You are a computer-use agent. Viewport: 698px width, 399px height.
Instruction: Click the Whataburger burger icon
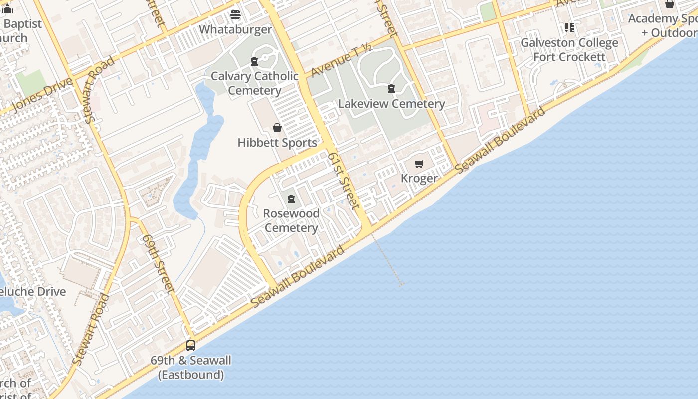235,14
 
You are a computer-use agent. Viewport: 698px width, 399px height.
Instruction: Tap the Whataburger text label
235,29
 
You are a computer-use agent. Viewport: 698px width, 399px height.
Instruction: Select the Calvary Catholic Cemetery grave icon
254,61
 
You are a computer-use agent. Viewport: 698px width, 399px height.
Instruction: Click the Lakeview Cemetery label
391,104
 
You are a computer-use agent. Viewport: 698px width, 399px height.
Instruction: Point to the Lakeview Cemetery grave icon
391,89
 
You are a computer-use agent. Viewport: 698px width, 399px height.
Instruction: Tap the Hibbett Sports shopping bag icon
277,128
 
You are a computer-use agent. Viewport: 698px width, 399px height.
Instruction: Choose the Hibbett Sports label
277,143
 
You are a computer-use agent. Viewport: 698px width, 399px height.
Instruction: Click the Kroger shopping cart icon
419,164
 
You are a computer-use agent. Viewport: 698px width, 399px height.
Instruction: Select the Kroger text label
419,178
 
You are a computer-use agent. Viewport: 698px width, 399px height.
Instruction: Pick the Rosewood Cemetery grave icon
291,199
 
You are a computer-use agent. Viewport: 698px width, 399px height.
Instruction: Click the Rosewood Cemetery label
291,220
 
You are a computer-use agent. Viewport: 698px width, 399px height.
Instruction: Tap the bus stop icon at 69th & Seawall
190,345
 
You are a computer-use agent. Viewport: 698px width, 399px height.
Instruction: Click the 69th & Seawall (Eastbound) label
191,367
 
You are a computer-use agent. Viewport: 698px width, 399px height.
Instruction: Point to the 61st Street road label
344,181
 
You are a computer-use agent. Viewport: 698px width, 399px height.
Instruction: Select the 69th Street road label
159,263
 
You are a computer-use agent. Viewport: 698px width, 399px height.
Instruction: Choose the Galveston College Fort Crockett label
569,50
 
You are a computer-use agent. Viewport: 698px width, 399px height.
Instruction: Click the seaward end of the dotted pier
401,285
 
